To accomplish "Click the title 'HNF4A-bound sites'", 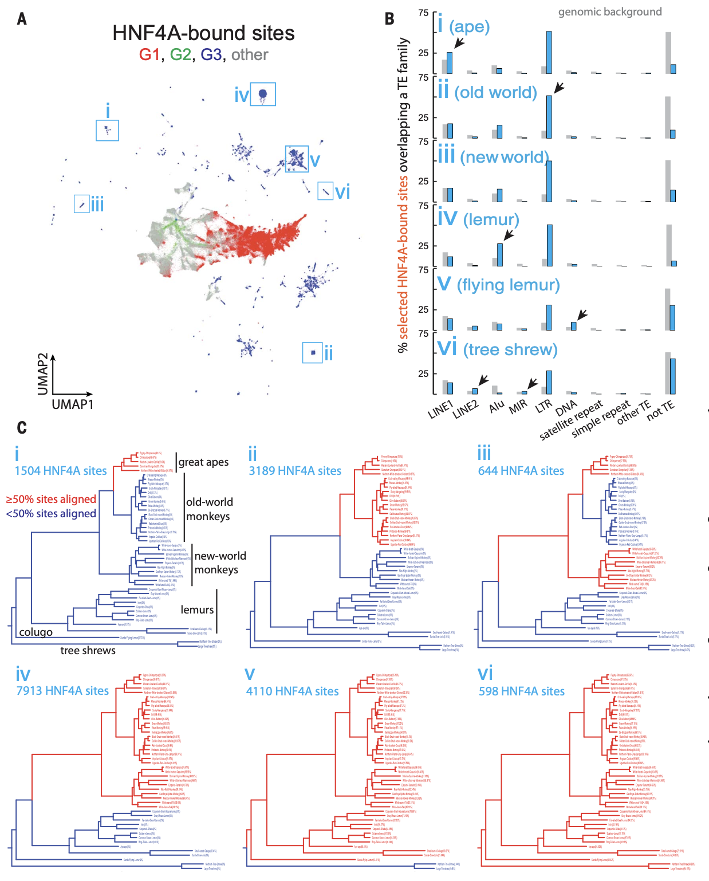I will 203,33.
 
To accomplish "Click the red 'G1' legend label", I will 149,55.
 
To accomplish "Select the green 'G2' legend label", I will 180,55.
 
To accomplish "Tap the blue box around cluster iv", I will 263,94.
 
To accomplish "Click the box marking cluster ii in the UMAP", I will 313,352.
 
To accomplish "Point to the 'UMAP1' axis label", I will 73,404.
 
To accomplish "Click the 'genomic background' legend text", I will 610,12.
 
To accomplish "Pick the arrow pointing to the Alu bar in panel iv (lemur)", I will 509,235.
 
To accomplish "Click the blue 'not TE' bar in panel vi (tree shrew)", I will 673,376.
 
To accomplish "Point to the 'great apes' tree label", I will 203,462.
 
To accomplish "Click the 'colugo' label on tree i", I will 36,632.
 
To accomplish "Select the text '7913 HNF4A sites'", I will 62,691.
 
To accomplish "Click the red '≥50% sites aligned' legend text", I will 51,500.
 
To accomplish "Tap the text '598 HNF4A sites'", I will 522,691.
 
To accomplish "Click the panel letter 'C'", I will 22,428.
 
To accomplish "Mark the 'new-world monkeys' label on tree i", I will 220,563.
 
